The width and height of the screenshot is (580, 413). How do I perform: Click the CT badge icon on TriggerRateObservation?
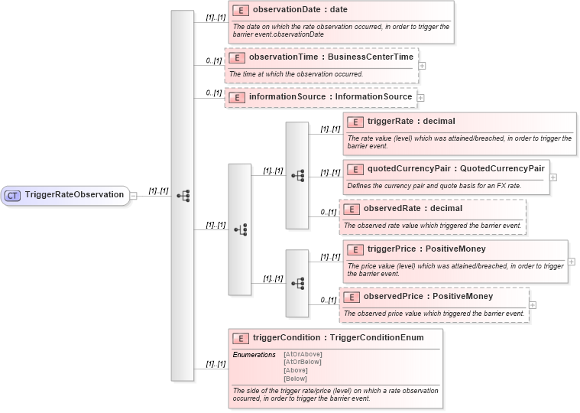[13, 195]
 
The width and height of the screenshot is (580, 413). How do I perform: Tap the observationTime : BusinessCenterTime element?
[331, 57]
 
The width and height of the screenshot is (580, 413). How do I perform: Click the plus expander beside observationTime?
[423, 65]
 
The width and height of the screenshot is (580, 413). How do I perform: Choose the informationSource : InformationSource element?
[330, 97]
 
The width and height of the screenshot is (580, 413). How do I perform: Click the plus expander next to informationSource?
[420, 98]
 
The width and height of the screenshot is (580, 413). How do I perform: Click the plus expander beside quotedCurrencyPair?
[553, 177]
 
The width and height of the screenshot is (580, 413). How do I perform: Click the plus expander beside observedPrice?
[533, 304]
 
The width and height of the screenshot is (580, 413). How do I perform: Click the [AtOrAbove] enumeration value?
[303, 354]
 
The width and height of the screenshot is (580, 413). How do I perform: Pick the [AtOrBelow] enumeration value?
[303, 362]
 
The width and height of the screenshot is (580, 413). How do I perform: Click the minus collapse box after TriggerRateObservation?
[134, 195]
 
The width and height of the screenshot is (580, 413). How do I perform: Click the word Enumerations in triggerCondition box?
[254, 354]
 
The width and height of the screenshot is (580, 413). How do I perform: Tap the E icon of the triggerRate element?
[355, 121]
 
